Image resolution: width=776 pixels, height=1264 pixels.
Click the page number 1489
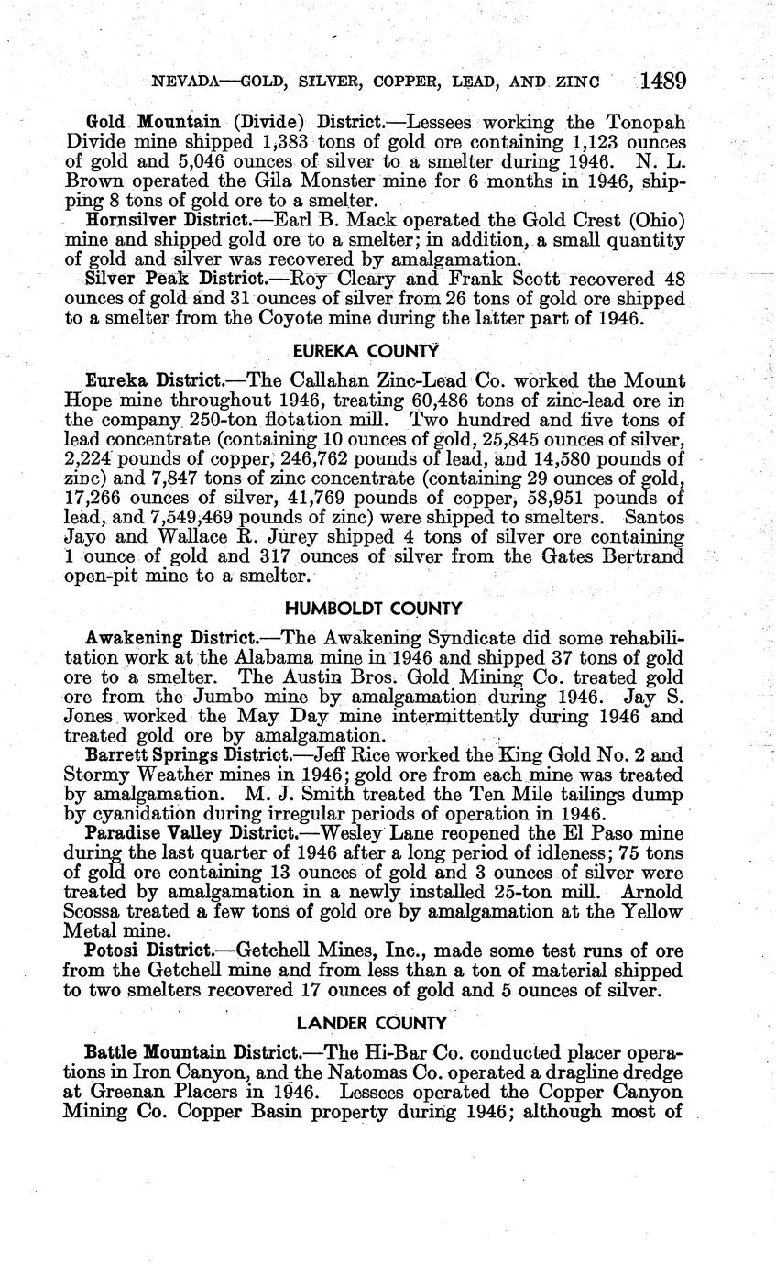pos(663,82)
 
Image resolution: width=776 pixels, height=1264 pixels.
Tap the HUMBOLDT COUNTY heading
pos(373,609)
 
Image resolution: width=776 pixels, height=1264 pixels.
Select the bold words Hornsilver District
pos(166,220)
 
